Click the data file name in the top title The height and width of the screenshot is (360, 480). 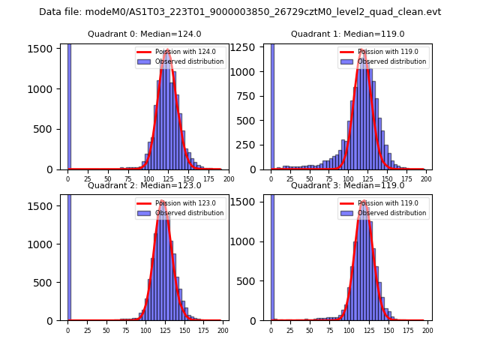pos(240,12)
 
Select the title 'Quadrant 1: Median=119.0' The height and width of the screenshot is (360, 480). pos(347,34)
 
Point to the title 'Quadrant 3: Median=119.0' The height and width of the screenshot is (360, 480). pos(347,185)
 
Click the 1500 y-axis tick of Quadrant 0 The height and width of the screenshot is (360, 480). pos(46,48)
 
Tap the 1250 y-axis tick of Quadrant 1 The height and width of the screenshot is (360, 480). pos(248,48)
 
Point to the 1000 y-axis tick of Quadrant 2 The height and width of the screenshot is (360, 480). pos(46,244)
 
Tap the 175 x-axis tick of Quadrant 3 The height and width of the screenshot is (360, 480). pos(406,331)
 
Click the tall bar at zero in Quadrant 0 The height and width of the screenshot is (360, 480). pos(69,105)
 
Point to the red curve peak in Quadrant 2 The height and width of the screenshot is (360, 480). pos(163,201)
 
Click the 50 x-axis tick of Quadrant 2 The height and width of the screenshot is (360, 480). pos(106,331)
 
